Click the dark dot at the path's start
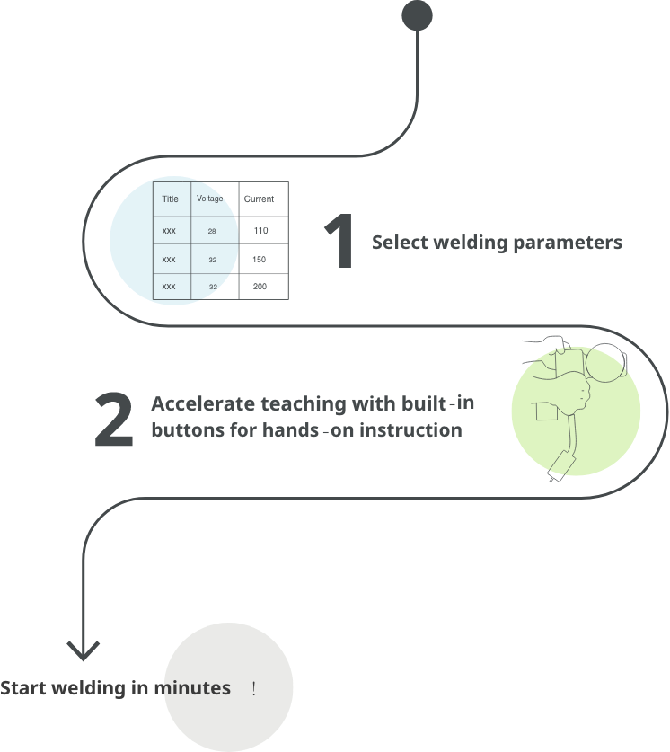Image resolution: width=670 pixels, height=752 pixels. point(417,15)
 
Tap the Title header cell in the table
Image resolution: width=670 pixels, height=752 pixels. point(171,199)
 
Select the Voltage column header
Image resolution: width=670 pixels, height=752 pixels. point(211,199)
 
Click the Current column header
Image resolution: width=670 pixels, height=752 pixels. point(260,199)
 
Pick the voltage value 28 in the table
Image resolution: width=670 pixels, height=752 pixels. point(212,232)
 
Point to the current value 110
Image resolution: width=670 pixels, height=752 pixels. point(260,232)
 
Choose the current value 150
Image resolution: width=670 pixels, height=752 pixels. point(260,260)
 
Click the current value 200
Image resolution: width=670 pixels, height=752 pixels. point(260,287)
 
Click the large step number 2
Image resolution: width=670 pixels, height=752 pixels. point(114,419)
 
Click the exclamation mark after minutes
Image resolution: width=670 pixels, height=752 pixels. point(254,689)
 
